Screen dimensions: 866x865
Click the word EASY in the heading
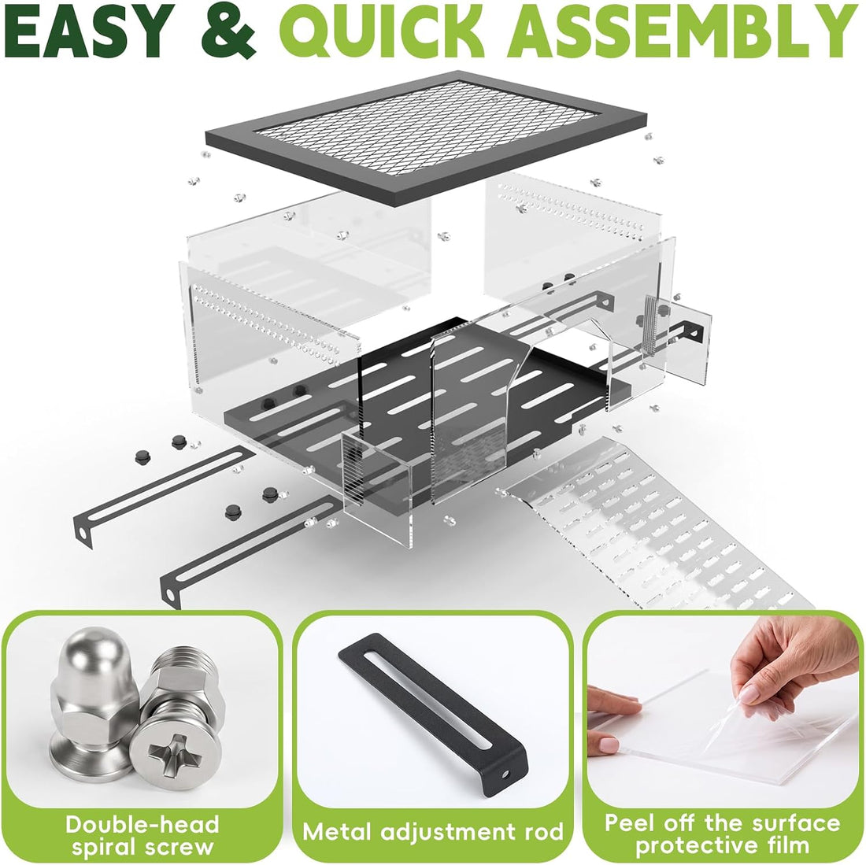click(x=88, y=30)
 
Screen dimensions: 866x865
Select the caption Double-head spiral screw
click(x=142, y=835)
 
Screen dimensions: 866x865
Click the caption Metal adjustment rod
click(x=433, y=832)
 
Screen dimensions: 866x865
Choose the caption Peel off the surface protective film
click(x=723, y=834)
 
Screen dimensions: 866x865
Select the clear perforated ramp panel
click(x=657, y=524)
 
